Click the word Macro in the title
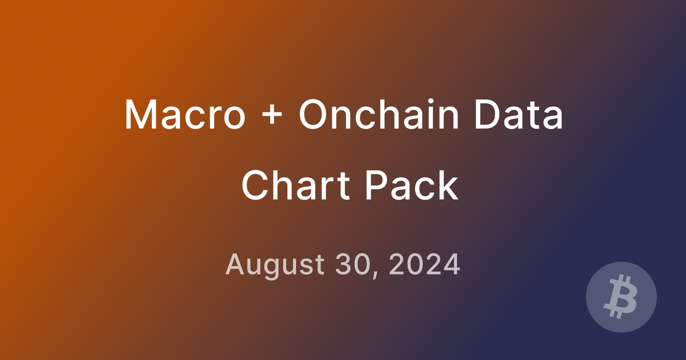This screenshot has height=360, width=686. click(x=185, y=115)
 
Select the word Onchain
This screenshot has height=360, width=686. click(x=379, y=115)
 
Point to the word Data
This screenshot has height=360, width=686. click(x=518, y=115)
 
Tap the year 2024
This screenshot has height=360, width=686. click(x=424, y=264)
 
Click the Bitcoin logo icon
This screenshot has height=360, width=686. click(x=621, y=297)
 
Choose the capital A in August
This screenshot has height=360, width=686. click(x=235, y=264)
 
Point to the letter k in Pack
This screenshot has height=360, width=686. click(x=447, y=186)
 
